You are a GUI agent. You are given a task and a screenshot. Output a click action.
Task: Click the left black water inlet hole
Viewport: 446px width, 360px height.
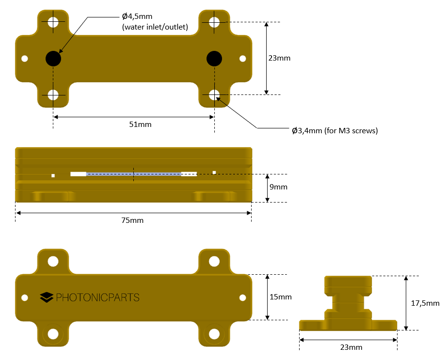tap(53, 59)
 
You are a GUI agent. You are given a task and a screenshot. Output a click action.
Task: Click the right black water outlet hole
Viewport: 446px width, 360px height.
tap(214, 59)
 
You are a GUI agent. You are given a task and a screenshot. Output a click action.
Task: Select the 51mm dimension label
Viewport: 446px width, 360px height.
tap(140, 125)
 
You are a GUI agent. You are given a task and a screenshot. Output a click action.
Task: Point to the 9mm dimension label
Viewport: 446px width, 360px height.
tap(278, 187)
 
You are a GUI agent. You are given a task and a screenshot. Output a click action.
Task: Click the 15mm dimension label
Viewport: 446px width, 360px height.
tap(280, 297)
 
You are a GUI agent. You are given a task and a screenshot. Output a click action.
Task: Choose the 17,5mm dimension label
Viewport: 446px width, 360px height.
tap(425, 303)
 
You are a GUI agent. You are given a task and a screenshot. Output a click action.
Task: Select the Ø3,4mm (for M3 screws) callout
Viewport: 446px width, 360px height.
tap(334, 131)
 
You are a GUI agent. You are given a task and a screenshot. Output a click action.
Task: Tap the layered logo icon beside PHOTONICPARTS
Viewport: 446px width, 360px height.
tap(47, 297)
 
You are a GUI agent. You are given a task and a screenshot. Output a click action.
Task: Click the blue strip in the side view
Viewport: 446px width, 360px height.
tap(133, 173)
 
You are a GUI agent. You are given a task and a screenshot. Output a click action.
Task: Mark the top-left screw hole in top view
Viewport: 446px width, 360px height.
tap(53, 22)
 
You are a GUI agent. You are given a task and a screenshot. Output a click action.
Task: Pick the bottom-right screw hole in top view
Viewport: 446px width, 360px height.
tap(214, 95)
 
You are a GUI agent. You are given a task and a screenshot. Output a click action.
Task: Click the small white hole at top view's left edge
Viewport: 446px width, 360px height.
tap(25, 59)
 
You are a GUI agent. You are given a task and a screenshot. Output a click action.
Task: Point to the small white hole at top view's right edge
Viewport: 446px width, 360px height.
tap(243, 59)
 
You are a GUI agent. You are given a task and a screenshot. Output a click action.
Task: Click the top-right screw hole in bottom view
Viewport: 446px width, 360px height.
tap(214, 262)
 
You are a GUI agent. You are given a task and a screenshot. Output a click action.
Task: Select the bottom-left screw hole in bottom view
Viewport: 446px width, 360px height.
tap(53, 334)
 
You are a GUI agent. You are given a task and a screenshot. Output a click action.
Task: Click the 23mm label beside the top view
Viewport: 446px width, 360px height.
tap(279, 58)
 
